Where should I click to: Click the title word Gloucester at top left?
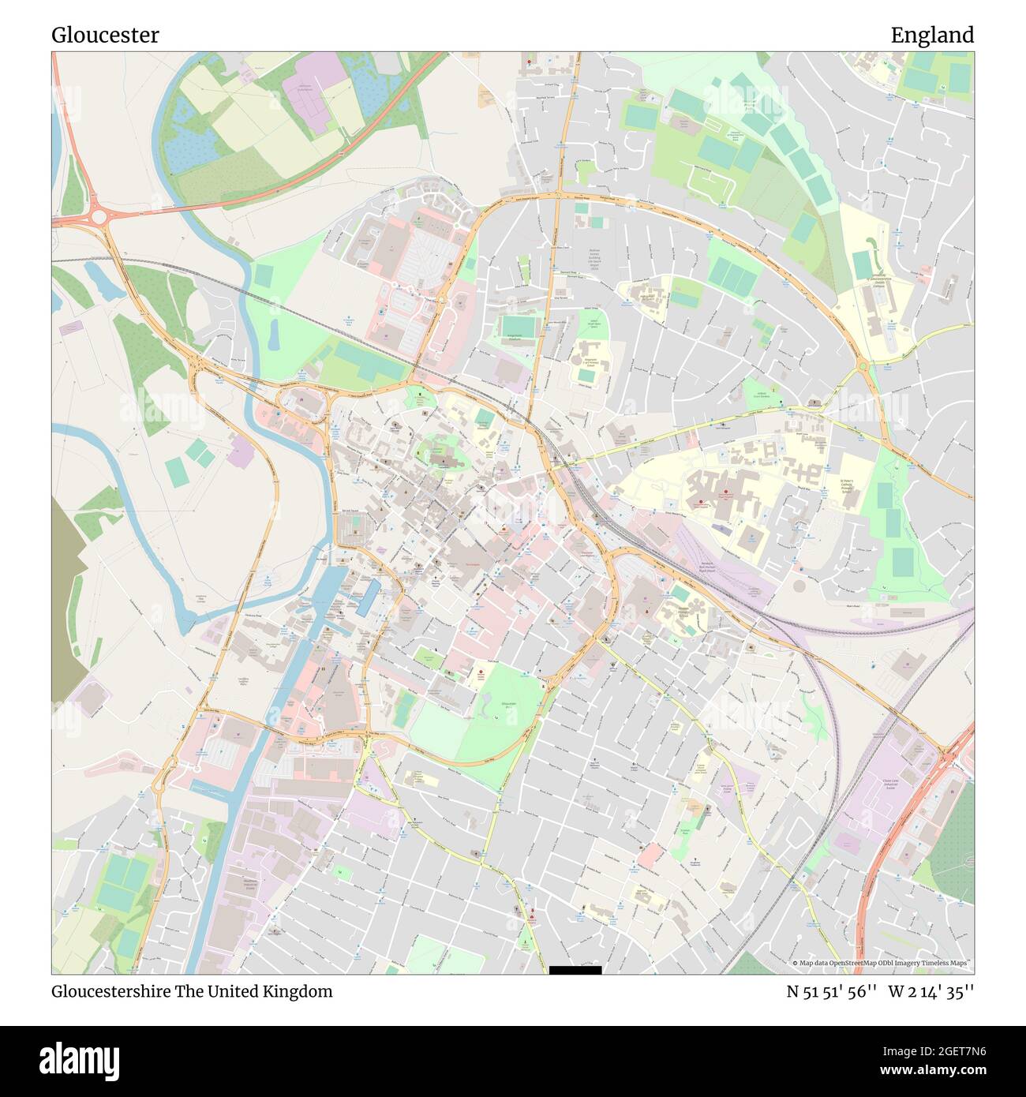click(105, 35)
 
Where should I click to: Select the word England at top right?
click(932, 35)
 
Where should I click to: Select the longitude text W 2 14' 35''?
click(931, 991)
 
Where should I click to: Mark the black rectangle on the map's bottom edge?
click(575, 970)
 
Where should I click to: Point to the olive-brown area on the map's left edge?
click(66, 600)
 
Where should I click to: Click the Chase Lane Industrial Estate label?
click(891, 783)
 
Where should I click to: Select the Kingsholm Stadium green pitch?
click(518, 326)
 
